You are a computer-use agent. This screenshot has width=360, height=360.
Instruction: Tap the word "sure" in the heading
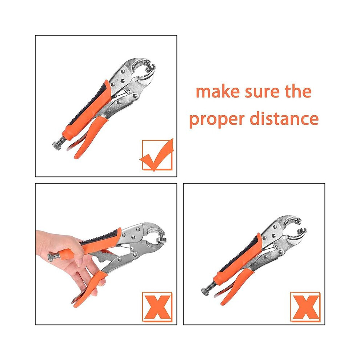point(262,92)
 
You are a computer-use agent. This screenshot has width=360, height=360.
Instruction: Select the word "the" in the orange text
point(298,91)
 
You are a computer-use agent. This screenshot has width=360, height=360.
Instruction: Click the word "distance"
point(284,118)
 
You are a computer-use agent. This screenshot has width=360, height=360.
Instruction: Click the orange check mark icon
point(157,155)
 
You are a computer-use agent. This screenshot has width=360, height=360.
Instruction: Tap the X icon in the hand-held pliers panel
point(157,307)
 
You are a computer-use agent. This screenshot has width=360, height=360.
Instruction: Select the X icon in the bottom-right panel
point(305,307)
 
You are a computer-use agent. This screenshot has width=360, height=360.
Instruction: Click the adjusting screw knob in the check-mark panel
point(56,146)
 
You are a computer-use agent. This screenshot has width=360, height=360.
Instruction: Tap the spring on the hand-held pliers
point(119,246)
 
